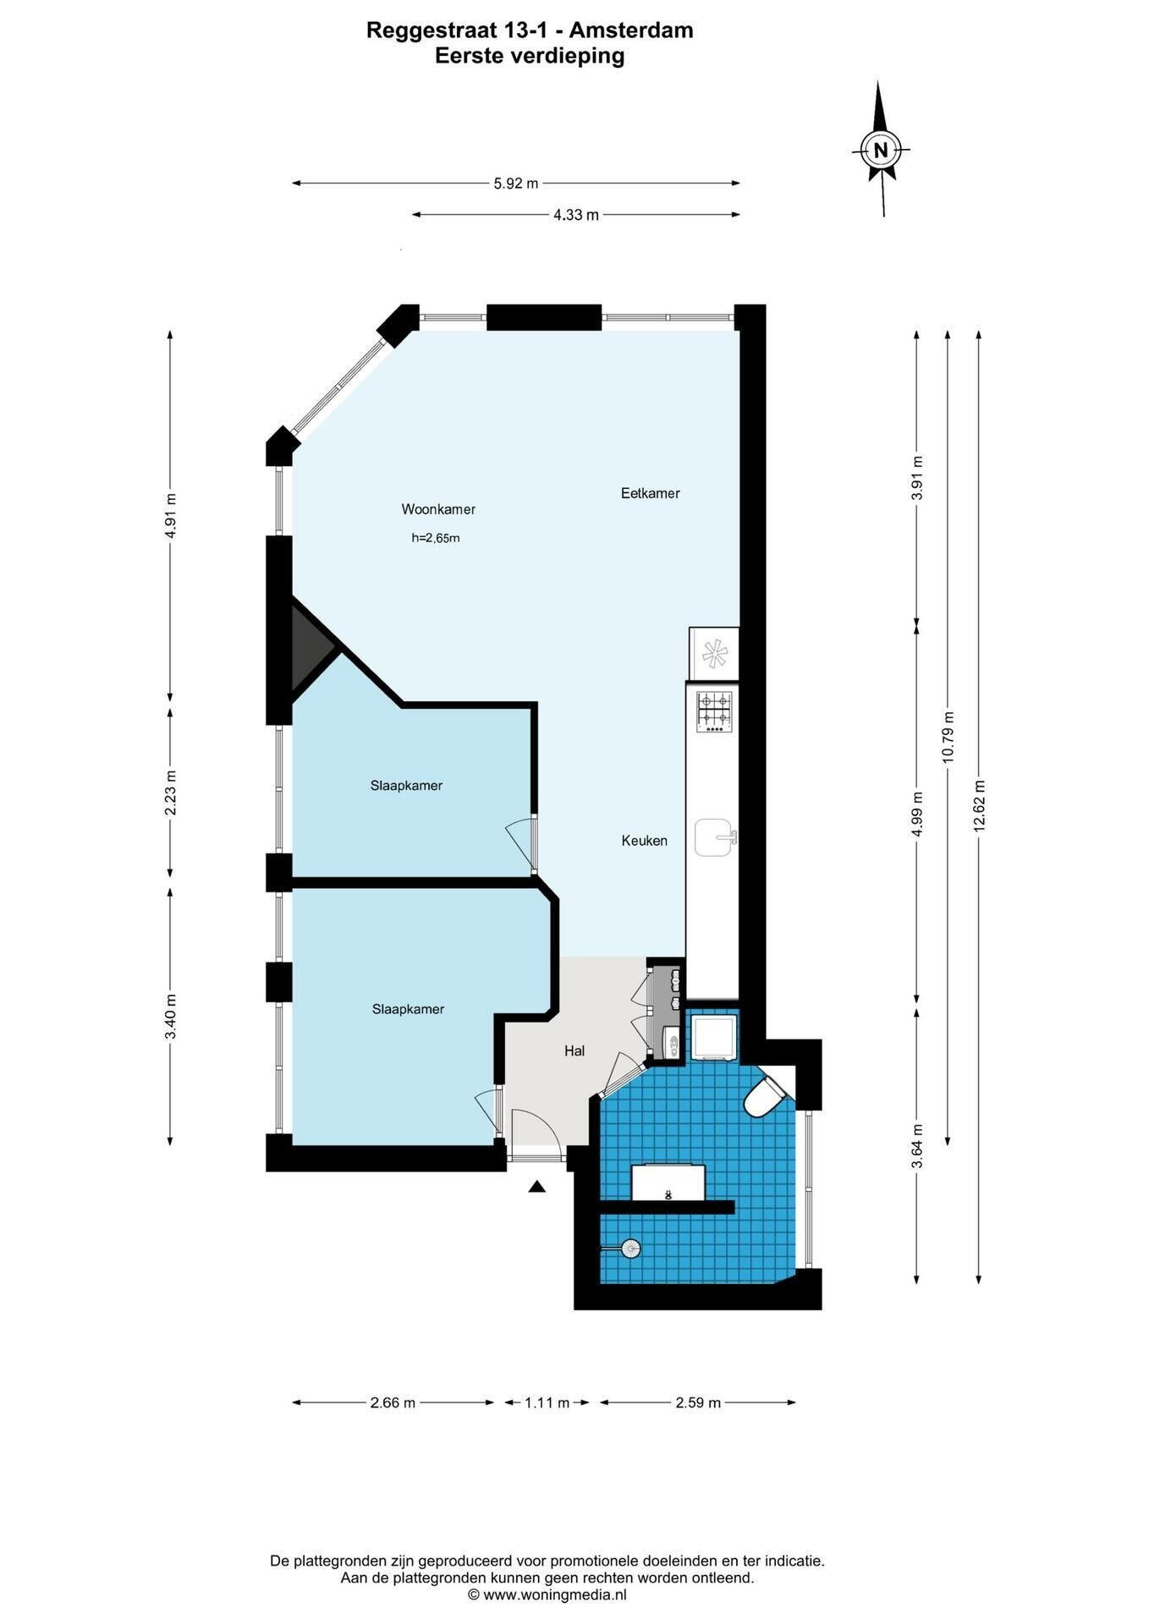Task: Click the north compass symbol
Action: pos(881,149)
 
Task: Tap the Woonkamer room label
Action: pos(438,509)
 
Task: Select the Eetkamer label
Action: pos(650,493)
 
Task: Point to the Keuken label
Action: pos(644,841)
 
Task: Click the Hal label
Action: pos(574,1051)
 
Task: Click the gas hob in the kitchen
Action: pos(713,711)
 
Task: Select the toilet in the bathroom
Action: pos(767,1095)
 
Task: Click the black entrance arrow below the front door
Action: pos(536,1187)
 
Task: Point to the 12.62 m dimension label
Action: pos(979,805)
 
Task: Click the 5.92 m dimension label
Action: pos(516,183)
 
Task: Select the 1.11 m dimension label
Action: pos(547,1402)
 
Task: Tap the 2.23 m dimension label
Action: pos(170,793)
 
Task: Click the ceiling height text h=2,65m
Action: pos(436,538)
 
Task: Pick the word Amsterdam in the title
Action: pos(631,30)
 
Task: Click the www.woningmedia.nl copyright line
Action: pos(547,1594)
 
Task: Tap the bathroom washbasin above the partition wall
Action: pos(668,1182)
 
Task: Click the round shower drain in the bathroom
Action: pos(630,1248)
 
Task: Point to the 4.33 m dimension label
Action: pos(576,215)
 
